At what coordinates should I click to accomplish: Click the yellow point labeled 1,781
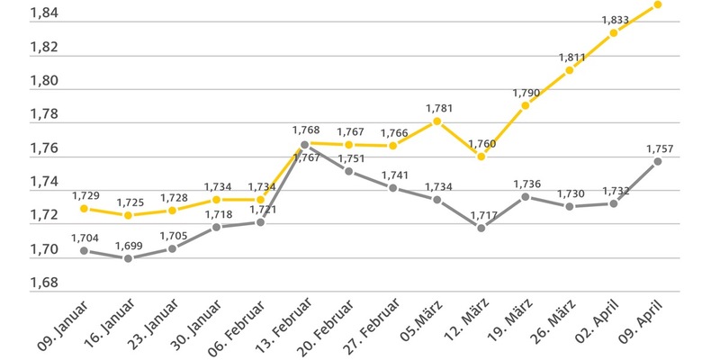tap(436, 121)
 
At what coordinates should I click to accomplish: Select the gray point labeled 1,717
tap(481, 228)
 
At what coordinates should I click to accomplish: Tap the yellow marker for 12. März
tap(481, 157)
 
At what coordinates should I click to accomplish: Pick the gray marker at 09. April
tap(658, 161)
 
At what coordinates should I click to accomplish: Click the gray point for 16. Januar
tap(128, 258)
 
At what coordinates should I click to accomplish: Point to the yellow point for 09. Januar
tap(84, 208)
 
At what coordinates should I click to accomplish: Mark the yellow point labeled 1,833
tap(614, 32)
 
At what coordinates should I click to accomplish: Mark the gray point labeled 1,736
tap(526, 196)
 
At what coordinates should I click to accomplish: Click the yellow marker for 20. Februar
tap(348, 144)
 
